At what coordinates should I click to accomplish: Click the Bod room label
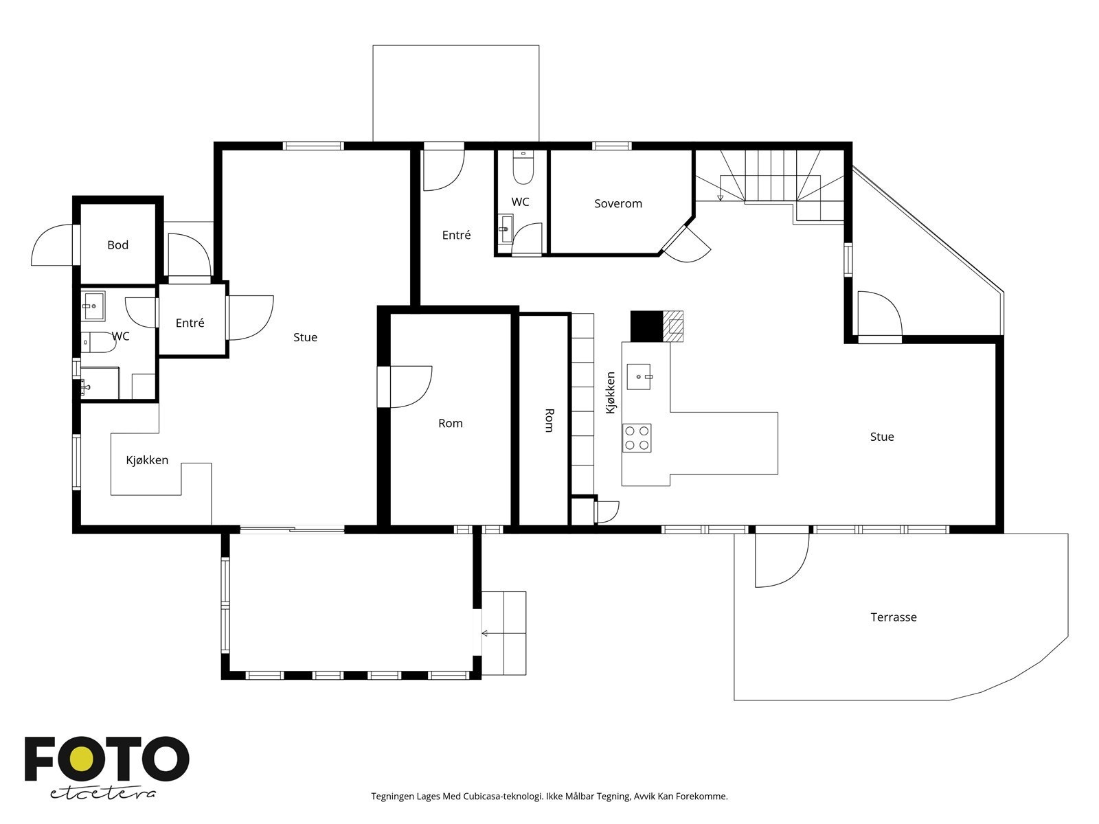(x=117, y=245)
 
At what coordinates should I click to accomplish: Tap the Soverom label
(x=618, y=204)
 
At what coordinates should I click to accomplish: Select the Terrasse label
(x=893, y=617)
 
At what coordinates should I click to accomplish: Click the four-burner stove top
(x=637, y=438)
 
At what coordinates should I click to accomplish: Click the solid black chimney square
(x=646, y=326)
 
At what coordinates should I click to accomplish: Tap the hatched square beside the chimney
(x=673, y=326)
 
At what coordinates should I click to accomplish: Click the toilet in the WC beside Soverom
(x=523, y=168)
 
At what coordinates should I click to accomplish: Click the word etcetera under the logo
(x=102, y=794)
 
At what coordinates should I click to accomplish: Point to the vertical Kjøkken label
(x=611, y=393)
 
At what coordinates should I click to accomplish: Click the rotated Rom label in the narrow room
(x=549, y=420)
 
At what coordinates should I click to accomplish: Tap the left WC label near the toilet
(x=120, y=336)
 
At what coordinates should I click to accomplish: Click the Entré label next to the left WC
(x=190, y=323)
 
